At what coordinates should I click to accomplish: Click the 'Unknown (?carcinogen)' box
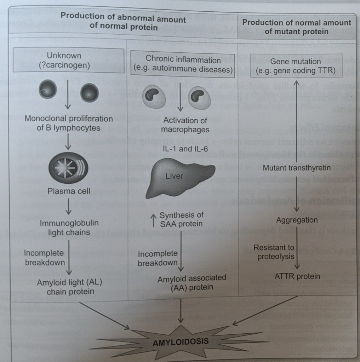(69, 61)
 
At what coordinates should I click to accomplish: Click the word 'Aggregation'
(297, 220)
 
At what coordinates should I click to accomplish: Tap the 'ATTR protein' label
(297, 276)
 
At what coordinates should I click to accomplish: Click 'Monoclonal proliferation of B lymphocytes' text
(69, 123)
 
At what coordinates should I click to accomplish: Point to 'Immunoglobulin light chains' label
(69, 228)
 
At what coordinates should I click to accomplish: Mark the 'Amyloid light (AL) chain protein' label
(70, 287)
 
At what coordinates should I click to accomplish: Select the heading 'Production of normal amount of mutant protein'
(297, 27)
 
